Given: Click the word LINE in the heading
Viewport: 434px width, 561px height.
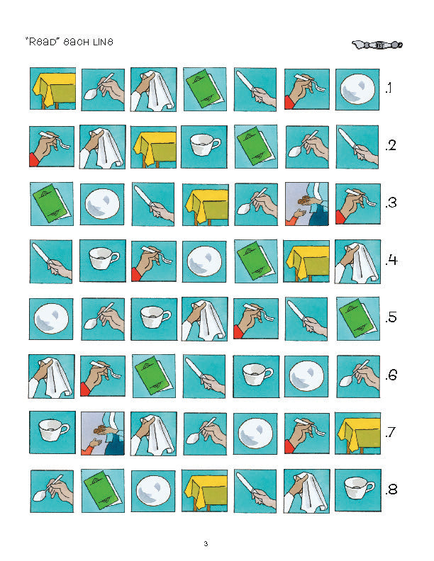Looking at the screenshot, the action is click(103, 42).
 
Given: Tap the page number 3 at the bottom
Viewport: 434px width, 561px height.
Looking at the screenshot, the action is click(206, 544).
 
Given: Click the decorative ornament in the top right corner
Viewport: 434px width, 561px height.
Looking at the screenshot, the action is click(377, 45).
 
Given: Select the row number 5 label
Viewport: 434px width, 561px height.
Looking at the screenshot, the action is click(391, 317).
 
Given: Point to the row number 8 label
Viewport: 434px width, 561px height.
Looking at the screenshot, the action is click(391, 489).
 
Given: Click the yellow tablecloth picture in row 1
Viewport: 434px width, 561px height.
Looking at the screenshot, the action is click(52, 89).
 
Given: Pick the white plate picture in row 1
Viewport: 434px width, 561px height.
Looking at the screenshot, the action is click(357, 89).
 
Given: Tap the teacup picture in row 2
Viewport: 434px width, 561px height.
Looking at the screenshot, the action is click(204, 147).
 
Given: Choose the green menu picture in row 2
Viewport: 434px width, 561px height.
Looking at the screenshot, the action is click(256, 147).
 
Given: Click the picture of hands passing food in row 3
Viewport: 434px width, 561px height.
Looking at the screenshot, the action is click(307, 204).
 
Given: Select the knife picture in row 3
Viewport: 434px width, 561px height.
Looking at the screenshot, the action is click(153, 204).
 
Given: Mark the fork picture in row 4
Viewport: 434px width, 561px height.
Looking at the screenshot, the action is click(154, 261).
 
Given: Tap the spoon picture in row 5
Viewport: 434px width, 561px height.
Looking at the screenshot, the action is click(103, 319).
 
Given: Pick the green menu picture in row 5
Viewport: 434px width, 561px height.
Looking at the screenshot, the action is click(358, 319).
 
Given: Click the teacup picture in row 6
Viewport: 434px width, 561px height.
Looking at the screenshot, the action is click(256, 376).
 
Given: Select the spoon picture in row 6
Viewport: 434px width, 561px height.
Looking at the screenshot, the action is click(358, 376).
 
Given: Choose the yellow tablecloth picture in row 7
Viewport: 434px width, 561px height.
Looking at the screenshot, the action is click(357, 433).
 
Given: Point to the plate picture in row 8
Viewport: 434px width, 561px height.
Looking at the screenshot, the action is click(153, 491).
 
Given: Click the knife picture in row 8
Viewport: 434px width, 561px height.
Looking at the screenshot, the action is click(255, 491).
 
